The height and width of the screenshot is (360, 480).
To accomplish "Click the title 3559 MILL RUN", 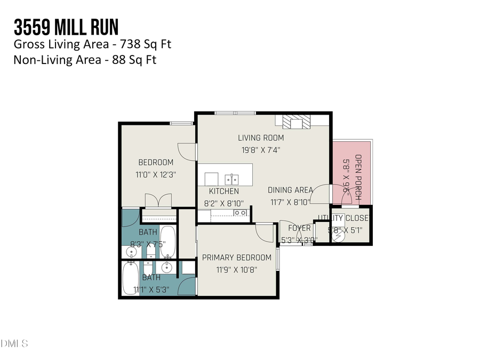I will [x=66, y=27].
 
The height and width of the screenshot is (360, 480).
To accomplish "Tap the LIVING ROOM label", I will [x=261, y=138].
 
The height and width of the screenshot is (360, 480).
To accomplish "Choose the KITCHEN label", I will [x=223, y=191].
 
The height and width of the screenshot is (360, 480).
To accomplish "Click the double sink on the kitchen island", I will [x=231, y=178].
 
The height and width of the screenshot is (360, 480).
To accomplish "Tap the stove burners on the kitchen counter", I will [x=241, y=213].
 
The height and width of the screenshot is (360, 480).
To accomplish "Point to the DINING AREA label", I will [x=290, y=190].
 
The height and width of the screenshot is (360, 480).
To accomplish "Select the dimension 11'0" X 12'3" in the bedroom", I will [x=156, y=174].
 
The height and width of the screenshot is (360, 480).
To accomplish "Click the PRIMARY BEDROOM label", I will [x=236, y=258].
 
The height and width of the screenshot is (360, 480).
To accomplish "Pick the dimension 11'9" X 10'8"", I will [x=236, y=269].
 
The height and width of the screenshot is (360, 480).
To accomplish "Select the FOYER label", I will [x=299, y=228].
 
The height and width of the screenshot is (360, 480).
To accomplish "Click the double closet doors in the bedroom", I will [x=157, y=201].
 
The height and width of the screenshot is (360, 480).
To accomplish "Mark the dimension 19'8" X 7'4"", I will [x=261, y=150].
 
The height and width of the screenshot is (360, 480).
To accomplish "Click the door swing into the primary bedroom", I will [x=265, y=231].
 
